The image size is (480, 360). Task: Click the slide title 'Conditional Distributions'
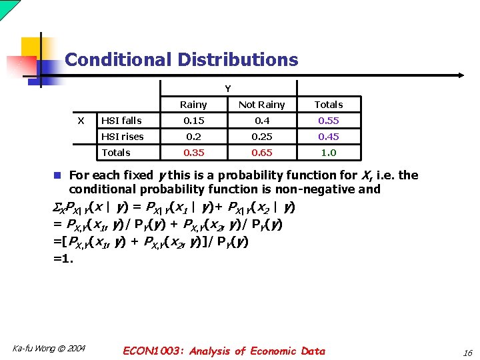pos(181,59)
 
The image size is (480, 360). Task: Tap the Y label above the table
pos(227,89)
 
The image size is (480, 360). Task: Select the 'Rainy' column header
pos(193,105)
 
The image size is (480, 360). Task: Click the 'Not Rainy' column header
pos(261,105)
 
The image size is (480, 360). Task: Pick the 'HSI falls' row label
pos(121,121)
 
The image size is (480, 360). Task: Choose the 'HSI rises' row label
pos(123,137)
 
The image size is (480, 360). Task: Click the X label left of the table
pos(81,121)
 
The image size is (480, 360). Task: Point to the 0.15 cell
pos(193,121)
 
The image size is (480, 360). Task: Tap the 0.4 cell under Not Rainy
pos(261,121)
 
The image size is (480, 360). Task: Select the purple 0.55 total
pos(329,121)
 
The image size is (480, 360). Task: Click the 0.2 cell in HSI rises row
pos(193,137)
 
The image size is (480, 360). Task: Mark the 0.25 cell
pos(261,137)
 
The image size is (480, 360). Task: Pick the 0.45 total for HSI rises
pos(329,137)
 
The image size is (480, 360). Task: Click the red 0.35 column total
pos(193,153)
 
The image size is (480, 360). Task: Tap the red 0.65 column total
pos(261,153)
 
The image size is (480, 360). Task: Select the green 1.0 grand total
pos(329,153)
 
